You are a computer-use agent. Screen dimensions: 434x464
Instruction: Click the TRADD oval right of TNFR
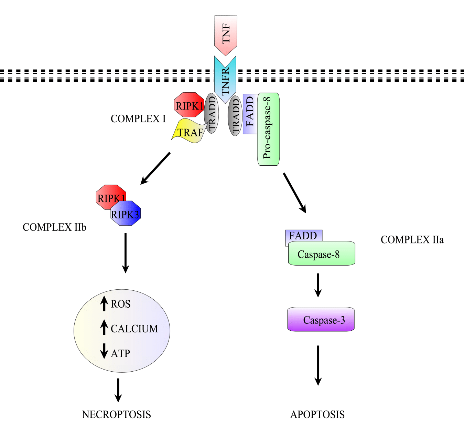point(235,116)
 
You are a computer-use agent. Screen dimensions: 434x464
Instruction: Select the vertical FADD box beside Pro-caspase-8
point(250,114)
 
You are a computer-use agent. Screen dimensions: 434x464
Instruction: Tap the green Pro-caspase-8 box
point(268,129)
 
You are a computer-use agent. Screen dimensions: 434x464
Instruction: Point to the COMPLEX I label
point(138,119)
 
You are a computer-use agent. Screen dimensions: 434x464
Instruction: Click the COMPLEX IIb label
point(54,227)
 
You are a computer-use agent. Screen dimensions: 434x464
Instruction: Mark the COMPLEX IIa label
point(412,240)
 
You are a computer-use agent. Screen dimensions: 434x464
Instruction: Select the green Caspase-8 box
point(321,254)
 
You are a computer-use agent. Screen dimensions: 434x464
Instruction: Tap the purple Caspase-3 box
point(321,320)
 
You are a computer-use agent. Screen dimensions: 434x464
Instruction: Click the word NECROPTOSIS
point(116,414)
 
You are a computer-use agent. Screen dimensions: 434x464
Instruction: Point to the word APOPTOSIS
point(317,414)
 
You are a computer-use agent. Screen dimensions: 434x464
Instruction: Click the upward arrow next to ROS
point(104,303)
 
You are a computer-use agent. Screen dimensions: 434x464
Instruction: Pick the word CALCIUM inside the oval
point(134,329)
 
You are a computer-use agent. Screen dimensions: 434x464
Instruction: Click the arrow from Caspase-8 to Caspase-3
point(318,285)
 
